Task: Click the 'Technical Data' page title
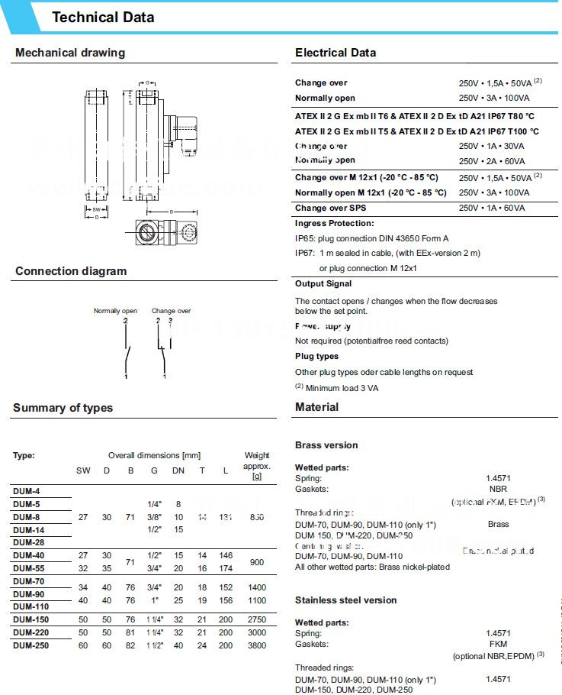click(x=103, y=18)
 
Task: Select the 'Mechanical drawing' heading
click(x=70, y=53)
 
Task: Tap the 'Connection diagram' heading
click(x=71, y=271)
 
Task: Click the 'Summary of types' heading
click(x=63, y=408)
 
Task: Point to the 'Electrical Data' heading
click(x=336, y=53)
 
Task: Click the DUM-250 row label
click(x=31, y=645)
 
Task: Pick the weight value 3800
click(x=257, y=645)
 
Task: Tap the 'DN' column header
click(x=178, y=470)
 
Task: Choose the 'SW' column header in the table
click(x=83, y=470)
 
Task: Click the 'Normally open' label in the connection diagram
click(x=115, y=311)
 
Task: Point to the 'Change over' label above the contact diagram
click(x=171, y=311)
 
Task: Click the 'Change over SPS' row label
click(x=331, y=208)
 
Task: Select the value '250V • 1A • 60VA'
click(x=493, y=208)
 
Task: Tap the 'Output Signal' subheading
click(x=323, y=283)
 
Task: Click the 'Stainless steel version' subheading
click(x=345, y=600)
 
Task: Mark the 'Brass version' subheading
click(x=326, y=445)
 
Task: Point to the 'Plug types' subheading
click(x=317, y=356)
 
